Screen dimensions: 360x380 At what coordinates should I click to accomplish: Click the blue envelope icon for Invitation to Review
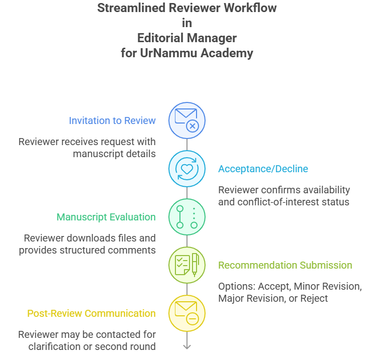[x=186, y=121]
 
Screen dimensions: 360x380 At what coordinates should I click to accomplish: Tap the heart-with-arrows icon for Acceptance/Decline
[x=186, y=169]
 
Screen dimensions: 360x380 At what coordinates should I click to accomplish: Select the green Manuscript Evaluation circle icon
[x=186, y=217]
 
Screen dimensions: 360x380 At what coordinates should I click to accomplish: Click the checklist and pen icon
[x=186, y=265]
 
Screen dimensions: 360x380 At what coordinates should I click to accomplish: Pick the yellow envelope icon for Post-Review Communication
[x=186, y=313]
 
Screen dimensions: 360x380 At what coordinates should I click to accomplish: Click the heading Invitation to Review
[x=112, y=121]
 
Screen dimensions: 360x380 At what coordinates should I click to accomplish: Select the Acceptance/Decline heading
[x=263, y=169]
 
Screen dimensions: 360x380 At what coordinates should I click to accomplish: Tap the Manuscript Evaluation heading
[x=106, y=217]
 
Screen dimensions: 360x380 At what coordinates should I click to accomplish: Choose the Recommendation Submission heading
[x=285, y=265]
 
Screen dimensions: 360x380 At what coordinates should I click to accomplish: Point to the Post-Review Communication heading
[x=91, y=313]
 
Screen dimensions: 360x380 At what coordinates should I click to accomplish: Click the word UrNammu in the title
[x=169, y=53]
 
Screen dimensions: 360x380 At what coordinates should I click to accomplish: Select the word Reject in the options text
[x=314, y=298]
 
